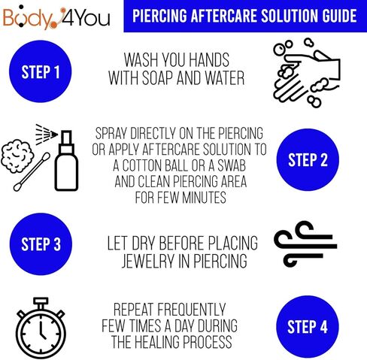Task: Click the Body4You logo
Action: point(57,16)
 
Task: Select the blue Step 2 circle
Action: point(308,159)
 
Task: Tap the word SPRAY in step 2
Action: point(115,134)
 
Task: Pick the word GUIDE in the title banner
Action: point(333,16)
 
